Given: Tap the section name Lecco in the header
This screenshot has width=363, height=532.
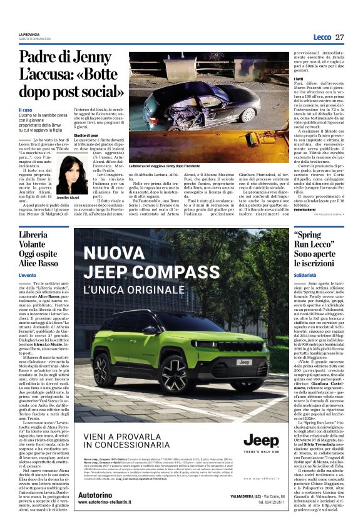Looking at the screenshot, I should pos(322,37).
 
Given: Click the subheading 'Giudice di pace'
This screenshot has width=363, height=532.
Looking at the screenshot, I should pos(87,135).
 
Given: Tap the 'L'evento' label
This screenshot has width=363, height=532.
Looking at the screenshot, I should pos(28,275).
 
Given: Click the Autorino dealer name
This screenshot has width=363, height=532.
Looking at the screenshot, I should pos(97,495).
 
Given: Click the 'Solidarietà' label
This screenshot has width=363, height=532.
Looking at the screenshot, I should pos(307,274).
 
